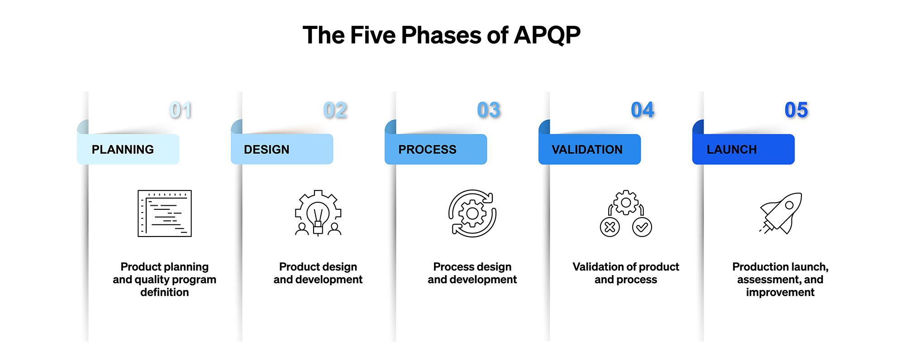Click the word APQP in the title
click(547, 35)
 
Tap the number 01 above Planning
click(181, 110)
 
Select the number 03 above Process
click(489, 110)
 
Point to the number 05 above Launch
click(796, 110)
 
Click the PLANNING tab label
click(123, 150)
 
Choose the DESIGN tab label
click(267, 150)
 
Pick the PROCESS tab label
click(427, 150)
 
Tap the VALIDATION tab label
click(587, 150)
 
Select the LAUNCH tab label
click(732, 150)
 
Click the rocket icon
click(781, 213)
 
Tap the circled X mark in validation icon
click(610, 227)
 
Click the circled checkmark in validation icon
click(642, 227)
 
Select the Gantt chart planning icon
click(165, 213)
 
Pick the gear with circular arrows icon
click(472, 213)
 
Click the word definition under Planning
click(165, 293)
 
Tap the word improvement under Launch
click(780, 293)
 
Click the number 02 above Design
click(335, 110)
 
